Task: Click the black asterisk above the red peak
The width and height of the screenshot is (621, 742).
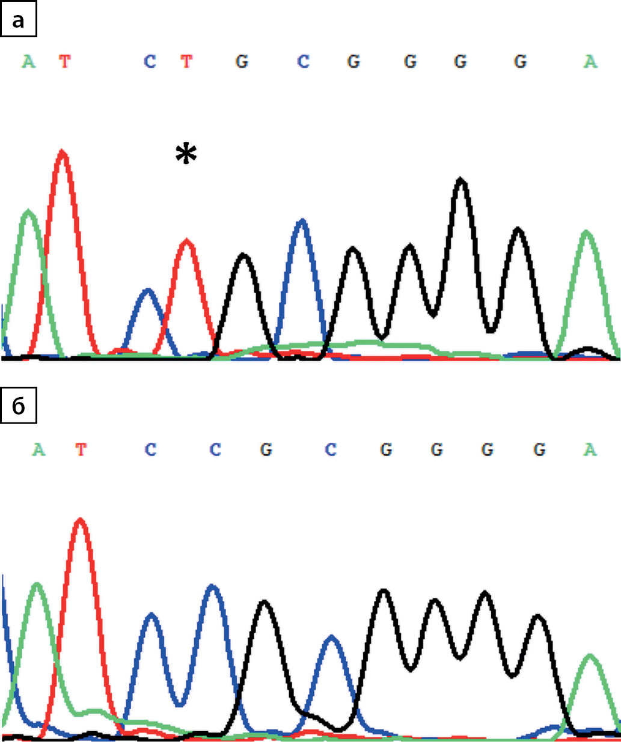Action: click(186, 154)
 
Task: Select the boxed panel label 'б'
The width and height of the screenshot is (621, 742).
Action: click(19, 407)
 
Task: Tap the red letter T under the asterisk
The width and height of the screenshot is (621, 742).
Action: click(187, 61)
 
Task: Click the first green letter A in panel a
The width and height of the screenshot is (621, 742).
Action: click(28, 61)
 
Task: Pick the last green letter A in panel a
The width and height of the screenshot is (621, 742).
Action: click(590, 61)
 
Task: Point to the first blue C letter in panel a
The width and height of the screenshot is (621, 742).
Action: click(150, 61)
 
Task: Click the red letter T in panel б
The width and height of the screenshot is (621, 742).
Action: click(81, 449)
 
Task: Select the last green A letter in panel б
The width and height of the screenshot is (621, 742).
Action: click(590, 449)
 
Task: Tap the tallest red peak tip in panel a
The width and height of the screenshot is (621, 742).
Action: click(63, 151)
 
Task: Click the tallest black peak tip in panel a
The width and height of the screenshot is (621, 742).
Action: click(461, 179)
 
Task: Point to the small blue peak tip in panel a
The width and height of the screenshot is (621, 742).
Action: click(148, 290)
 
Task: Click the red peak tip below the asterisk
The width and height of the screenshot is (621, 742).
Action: click(188, 241)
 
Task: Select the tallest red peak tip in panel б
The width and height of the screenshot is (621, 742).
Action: click(81, 520)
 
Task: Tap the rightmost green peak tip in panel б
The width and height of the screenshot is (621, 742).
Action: click(590, 655)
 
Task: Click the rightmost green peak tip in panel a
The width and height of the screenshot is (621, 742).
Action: click(587, 232)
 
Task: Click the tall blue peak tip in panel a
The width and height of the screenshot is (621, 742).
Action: click(302, 220)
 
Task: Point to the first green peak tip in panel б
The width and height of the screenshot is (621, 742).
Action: click(38, 584)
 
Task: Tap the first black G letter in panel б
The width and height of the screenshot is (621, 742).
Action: click(266, 449)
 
